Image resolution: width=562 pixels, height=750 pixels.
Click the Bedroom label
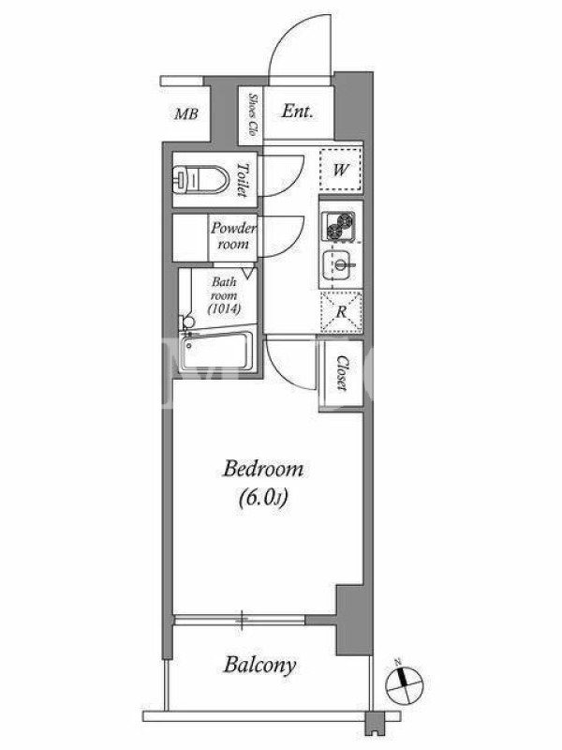click(263, 469)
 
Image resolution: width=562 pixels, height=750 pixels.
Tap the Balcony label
click(260, 665)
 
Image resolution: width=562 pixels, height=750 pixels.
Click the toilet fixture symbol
click(200, 179)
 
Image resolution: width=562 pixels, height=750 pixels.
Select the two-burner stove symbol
click(339, 226)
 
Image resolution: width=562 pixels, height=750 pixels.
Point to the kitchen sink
click(340, 264)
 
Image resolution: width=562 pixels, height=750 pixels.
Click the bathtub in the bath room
click(217, 351)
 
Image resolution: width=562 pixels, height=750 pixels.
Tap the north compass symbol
click(405, 682)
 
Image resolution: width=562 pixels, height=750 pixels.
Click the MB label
click(185, 113)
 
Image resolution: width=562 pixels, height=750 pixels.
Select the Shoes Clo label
click(252, 113)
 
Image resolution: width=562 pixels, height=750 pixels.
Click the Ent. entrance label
click(297, 112)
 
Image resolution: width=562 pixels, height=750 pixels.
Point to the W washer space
click(340, 170)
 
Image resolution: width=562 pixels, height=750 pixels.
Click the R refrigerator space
click(341, 311)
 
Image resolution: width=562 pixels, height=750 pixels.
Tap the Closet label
click(342, 372)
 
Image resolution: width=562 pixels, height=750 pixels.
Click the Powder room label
click(233, 236)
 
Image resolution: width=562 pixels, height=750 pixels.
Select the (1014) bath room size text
click(224, 309)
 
